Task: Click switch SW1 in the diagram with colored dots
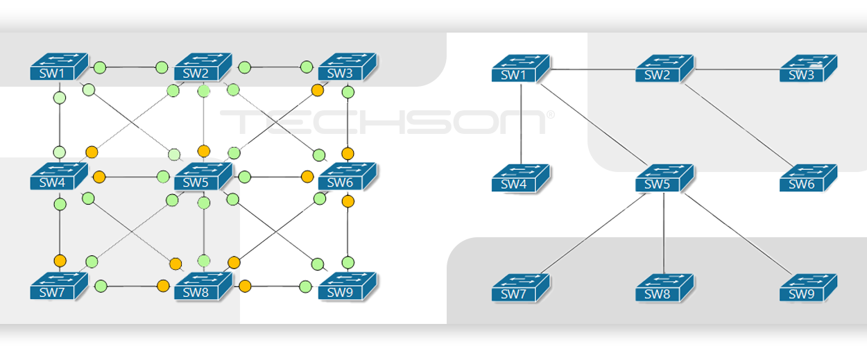[59, 67]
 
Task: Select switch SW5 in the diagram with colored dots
[203, 176]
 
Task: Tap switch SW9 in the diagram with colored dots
[347, 286]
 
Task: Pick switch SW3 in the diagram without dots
[809, 68]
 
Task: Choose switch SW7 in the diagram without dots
[521, 288]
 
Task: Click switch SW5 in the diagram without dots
[664, 178]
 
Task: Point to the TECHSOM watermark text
[387, 121]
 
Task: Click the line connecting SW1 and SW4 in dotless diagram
[521, 124]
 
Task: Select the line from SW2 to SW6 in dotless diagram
[739, 125]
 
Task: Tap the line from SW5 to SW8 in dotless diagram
[664, 234]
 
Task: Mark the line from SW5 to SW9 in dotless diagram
[739, 234]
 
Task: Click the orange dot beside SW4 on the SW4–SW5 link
[99, 177]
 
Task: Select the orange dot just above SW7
[60, 261]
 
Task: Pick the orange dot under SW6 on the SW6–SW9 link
[348, 201]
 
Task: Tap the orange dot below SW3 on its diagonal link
[318, 90]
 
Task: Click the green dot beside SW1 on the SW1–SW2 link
[100, 67]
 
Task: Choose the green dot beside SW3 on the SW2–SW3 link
[307, 67]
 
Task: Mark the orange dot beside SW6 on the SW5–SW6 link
[307, 177]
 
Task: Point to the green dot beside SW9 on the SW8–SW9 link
[305, 287]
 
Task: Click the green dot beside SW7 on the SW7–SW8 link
[101, 286]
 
